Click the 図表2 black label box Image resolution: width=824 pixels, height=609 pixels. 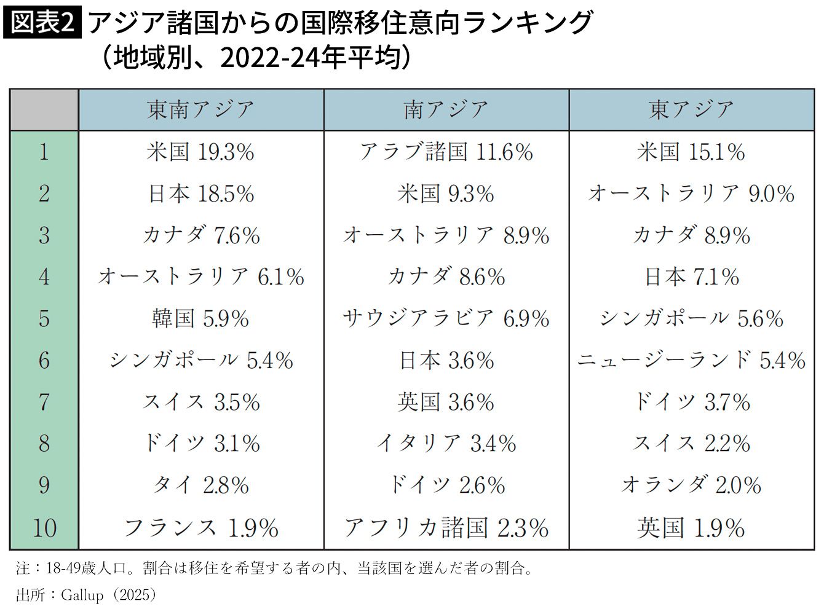[x=42, y=22]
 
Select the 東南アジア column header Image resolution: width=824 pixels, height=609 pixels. [x=201, y=110]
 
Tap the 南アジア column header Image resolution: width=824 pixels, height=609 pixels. [x=446, y=110]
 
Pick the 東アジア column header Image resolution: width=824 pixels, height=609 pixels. [x=691, y=110]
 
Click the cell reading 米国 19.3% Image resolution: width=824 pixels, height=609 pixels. [x=200, y=152]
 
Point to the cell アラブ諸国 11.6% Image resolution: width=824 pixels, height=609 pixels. [x=446, y=152]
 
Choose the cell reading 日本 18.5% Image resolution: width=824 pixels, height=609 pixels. [x=201, y=194]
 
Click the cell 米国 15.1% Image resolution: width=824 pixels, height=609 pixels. [x=691, y=152]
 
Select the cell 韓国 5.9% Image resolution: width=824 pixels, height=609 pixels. [x=200, y=318]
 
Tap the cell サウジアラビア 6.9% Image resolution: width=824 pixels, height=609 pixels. [x=446, y=318]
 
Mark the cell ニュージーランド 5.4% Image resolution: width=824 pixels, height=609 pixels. [x=691, y=360]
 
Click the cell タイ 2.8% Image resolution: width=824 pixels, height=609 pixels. [x=201, y=485]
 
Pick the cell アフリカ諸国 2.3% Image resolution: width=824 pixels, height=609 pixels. [x=446, y=527]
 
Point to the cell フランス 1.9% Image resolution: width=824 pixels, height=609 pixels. [x=201, y=527]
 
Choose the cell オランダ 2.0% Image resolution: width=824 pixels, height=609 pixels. [x=691, y=485]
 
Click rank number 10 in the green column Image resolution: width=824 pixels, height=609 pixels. [x=44, y=528]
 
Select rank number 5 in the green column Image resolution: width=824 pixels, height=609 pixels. [x=44, y=318]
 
